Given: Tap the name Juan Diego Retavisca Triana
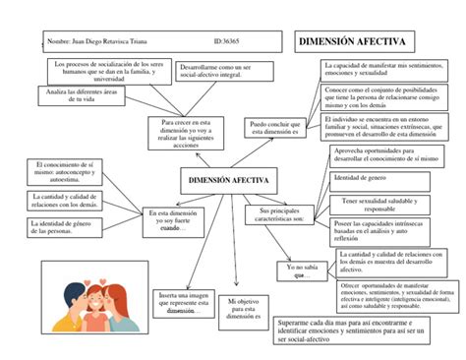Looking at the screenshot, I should click(109, 43).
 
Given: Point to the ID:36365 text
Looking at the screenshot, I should click(227, 43).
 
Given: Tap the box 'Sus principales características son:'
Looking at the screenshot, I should click(280, 215).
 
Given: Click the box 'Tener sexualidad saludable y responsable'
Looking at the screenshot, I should click(366, 204).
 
